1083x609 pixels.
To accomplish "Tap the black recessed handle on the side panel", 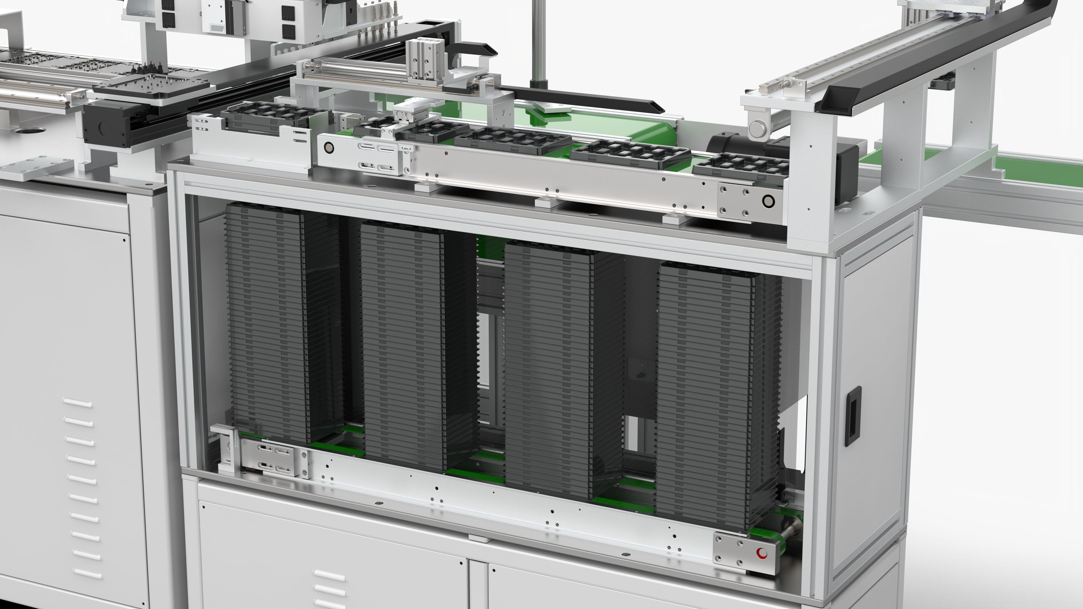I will [853, 416].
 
